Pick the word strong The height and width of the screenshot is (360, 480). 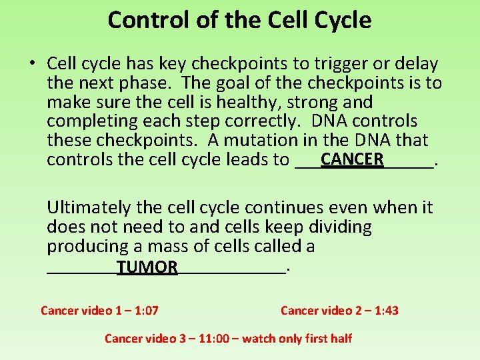click(315, 103)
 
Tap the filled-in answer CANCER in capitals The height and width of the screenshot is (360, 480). click(352, 159)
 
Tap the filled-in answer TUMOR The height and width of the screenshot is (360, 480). click(147, 267)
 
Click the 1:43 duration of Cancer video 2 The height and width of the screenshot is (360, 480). click(385, 311)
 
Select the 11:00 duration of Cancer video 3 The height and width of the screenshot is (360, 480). click(208, 339)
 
